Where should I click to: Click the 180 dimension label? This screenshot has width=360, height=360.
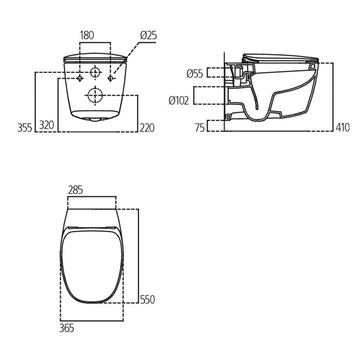(87, 36)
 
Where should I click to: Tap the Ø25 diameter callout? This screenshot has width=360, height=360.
(148, 36)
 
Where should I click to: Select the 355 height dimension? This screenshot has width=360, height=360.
(25, 128)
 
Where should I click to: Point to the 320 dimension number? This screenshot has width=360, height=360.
(47, 125)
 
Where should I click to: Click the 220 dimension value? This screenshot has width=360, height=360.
(147, 128)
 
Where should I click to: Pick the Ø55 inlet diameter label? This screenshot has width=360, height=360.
(195, 74)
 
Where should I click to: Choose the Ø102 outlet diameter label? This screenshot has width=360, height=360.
(179, 101)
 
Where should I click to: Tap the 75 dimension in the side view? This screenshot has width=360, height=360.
(200, 128)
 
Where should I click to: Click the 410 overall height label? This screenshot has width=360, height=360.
(343, 127)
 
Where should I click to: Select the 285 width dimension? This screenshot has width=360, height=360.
(75, 190)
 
